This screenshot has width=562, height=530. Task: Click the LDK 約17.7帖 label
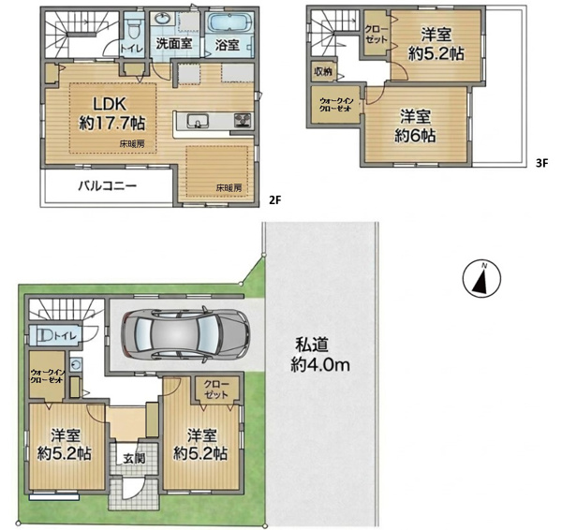coord(112,114)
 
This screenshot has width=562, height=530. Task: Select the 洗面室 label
coord(174,44)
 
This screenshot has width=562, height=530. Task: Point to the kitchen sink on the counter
coord(197,121)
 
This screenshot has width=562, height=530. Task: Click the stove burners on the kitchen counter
coord(244,120)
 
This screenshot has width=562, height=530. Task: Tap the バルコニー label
coord(108,186)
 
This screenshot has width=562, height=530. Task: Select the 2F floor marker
coord(274,200)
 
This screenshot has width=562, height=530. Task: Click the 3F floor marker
coord(542,164)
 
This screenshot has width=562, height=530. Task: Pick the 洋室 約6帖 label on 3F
coord(415,126)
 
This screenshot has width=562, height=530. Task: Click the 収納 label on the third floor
coord(323,72)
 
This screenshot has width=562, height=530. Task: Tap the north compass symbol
coord(481,278)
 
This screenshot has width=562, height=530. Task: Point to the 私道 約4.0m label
coord(320,356)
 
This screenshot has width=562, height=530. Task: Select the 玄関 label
coord(134,459)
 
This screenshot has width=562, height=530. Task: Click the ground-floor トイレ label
coord(66,336)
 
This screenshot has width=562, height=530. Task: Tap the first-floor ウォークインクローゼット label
coord(47,375)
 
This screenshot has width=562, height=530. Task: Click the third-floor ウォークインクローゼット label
coord(336,105)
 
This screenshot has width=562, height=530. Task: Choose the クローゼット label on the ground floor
coord(216,390)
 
